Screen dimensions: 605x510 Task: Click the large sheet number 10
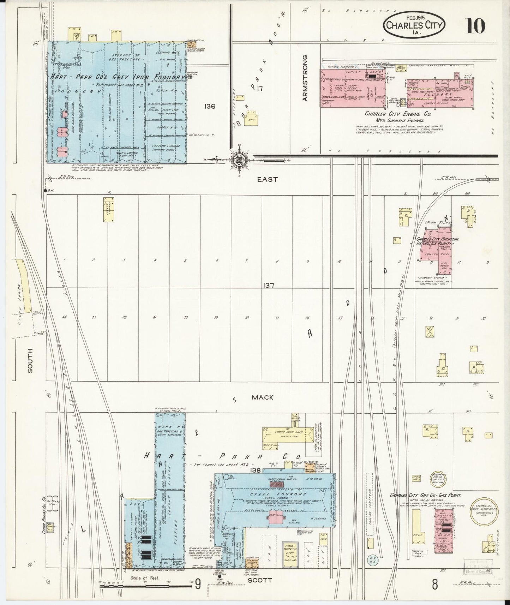pyautogui.click(x=475, y=25)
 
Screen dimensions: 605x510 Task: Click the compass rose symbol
pyautogui.click(x=240, y=160)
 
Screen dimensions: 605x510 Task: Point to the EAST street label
pyautogui.click(x=267, y=180)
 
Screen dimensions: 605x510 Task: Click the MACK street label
pyautogui.click(x=262, y=397)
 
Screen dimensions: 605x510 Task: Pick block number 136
pyautogui.click(x=209, y=106)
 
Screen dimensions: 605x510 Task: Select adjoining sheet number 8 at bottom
pyautogui.click(x=435, y=584)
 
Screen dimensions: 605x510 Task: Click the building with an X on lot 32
pyautogui.click(x=430, y=331)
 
